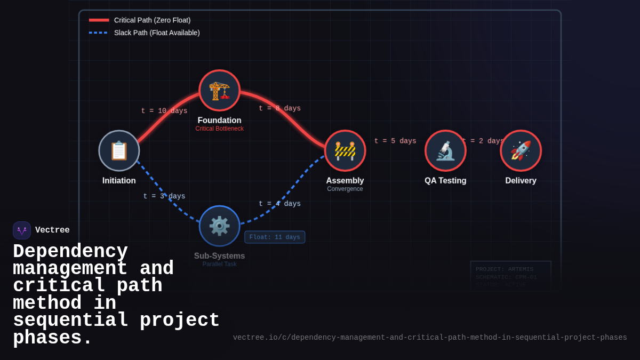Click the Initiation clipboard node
point(119,150)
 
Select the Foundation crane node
point(219,90)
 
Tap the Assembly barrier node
point(345,150)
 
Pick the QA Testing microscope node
point(445,150)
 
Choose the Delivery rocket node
point(521,150)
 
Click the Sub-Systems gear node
point(219,226)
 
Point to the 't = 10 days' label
point(164,111)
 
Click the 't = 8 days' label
point(279,108)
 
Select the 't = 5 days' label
point(395,141)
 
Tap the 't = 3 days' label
point(164,196)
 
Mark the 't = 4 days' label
point(279,204)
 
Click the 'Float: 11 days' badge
point(275,237)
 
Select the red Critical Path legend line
point(99,20)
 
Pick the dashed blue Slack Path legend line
point(99,33)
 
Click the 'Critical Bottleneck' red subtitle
point(219,129)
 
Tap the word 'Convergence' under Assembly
point(345,189)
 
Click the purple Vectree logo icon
point(22,230)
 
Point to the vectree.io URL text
point(430,338)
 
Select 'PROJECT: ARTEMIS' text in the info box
point(505,269)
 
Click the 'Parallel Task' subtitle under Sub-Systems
point(219,264)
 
